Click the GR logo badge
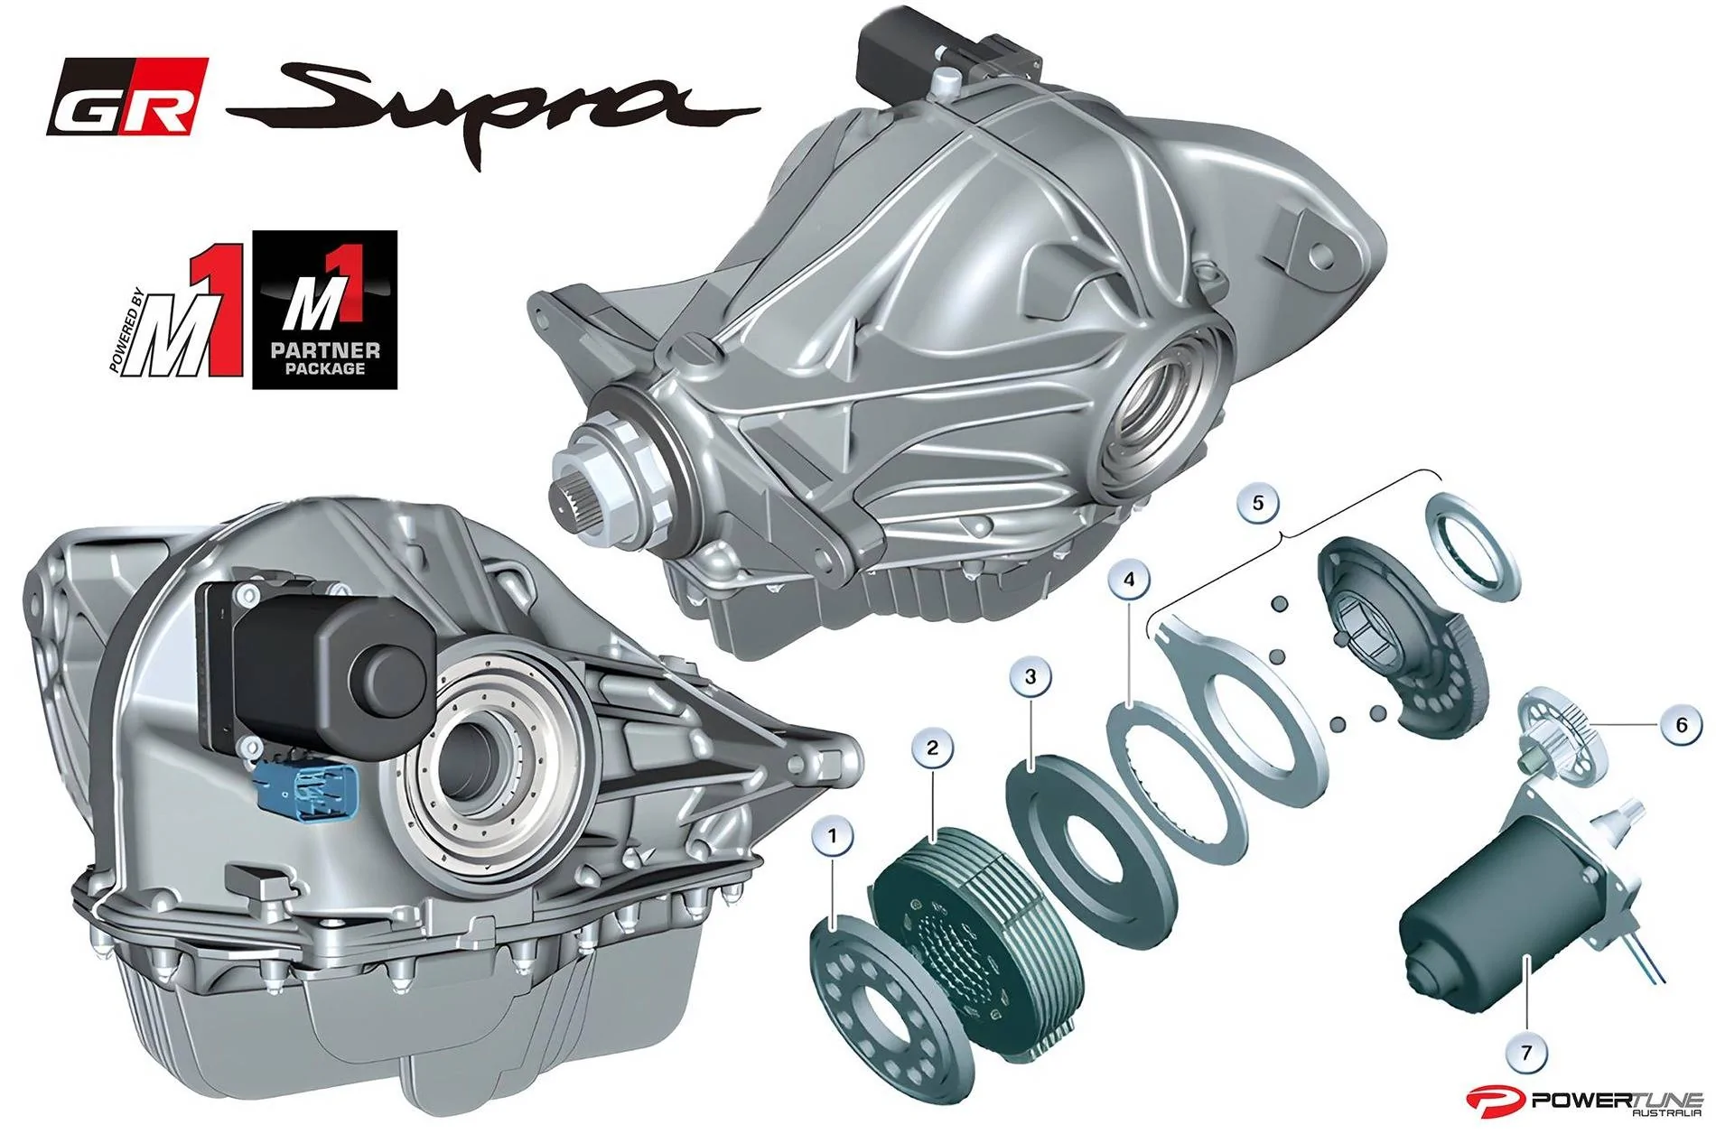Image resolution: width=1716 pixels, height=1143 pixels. click(127, 97)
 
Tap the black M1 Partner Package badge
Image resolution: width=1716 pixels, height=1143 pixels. click(324, 310)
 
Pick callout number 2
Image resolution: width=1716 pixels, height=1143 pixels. click(933, 748)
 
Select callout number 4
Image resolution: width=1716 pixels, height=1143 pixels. click(1129, 580)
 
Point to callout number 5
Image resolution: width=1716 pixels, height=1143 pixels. click(1258, 502)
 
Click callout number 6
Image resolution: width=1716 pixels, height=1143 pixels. click(1681, 725)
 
